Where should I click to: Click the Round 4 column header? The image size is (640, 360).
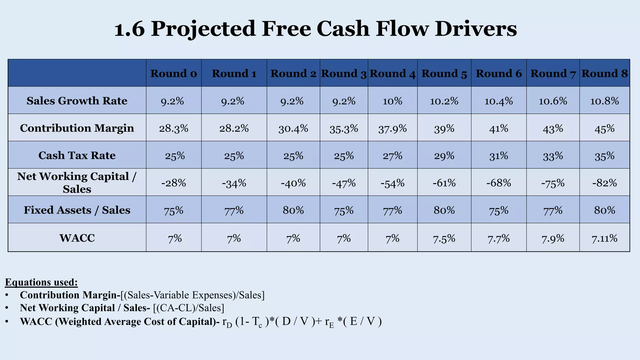point(392,74)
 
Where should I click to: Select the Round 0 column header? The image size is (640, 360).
point(174,74)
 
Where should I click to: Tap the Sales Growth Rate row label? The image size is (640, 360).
point(77,101)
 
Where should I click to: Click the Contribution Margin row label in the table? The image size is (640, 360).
point(77,128)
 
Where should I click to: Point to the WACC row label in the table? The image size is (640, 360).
point(77,238)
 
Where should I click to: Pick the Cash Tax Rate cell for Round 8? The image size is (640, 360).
point(604,156)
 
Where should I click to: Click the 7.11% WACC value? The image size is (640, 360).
point(604,239)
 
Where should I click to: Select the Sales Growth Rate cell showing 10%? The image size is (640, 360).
point(392,101)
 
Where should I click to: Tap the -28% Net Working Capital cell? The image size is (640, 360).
point(174,183)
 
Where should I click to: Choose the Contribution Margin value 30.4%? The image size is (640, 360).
point(293,128)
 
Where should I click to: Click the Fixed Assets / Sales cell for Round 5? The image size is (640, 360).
point(444,210)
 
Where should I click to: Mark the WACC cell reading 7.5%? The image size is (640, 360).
point(444,239)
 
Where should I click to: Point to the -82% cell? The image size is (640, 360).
point(604,183)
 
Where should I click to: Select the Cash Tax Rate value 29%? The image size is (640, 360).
point(444,156)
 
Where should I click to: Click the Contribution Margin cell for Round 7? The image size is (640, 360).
point(553,128)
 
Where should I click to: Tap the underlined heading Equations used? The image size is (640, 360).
point(41,282)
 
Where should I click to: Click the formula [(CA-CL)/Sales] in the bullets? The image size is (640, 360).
point(189,308)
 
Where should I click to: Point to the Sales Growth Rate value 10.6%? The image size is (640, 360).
point(553,101)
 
